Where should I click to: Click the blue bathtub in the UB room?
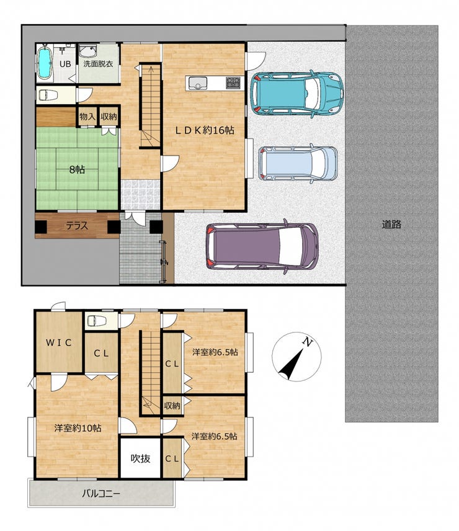tap(45, 63)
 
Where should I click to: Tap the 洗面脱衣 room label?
tap(98, 64)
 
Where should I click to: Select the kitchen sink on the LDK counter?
tap(198, 83)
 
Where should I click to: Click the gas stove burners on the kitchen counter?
tap(234, 83)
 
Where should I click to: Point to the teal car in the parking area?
tap(297, 94)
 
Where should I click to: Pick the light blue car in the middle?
tap(298, 163)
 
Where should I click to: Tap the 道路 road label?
tap(391, 224)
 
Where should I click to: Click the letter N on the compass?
tap(308, 342)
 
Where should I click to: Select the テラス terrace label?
tap(77, 226)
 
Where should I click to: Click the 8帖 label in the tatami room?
tap(77, 169)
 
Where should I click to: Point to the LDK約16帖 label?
tap(205, 130)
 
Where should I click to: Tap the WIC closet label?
tap(59, 342)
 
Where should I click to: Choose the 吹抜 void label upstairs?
tap(140, 458)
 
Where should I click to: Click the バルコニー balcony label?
tap(101, 494)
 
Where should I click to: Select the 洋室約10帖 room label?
tap(78, 428)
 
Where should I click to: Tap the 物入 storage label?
tap(87, 117)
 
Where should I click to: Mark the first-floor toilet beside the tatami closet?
tap(48, 95)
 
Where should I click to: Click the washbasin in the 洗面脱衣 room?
tap(88, 51)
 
